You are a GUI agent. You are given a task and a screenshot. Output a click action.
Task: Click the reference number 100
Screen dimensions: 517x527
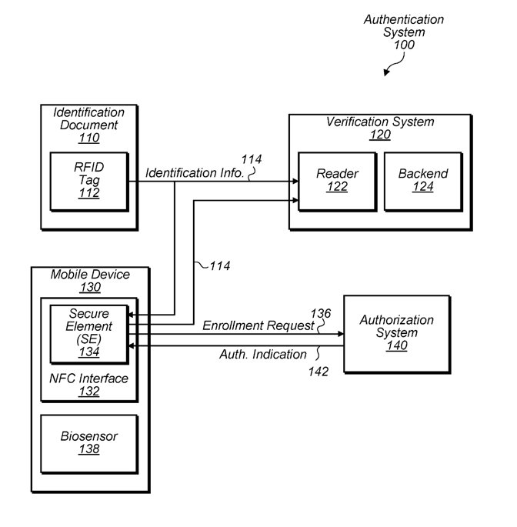click(x=404, y=45)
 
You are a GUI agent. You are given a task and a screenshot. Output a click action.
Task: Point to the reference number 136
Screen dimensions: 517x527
click(x=321, y=313)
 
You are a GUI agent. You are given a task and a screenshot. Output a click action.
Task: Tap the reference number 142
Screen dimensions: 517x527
click(x=319, y=372)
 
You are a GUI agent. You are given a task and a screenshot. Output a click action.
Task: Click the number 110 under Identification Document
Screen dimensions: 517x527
click(x=89, y=138)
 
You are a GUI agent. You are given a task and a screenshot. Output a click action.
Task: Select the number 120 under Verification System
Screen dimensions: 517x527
click(x=380, y=135)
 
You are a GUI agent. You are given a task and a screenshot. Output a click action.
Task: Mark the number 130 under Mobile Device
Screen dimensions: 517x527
click(x=91, y=288)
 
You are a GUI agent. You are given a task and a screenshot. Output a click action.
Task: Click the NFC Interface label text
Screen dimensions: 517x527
click(x=88, y=379)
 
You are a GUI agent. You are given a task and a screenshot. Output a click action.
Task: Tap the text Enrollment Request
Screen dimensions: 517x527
click(x=258, y=325)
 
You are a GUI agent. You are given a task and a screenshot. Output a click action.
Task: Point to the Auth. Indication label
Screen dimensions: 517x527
click(x=263, y=354)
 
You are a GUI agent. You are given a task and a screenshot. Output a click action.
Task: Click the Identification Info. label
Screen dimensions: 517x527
click(x=195, y=173)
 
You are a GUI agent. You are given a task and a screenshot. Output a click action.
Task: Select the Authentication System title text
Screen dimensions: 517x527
click(x=404, y=25)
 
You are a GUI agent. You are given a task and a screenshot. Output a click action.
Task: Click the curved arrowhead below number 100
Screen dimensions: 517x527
click(x=386, y=72)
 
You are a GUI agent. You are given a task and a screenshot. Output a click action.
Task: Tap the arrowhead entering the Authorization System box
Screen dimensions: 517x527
click(x=341, y=334)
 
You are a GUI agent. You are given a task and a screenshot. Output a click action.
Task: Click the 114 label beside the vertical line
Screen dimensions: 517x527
click(x=220, y=266)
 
